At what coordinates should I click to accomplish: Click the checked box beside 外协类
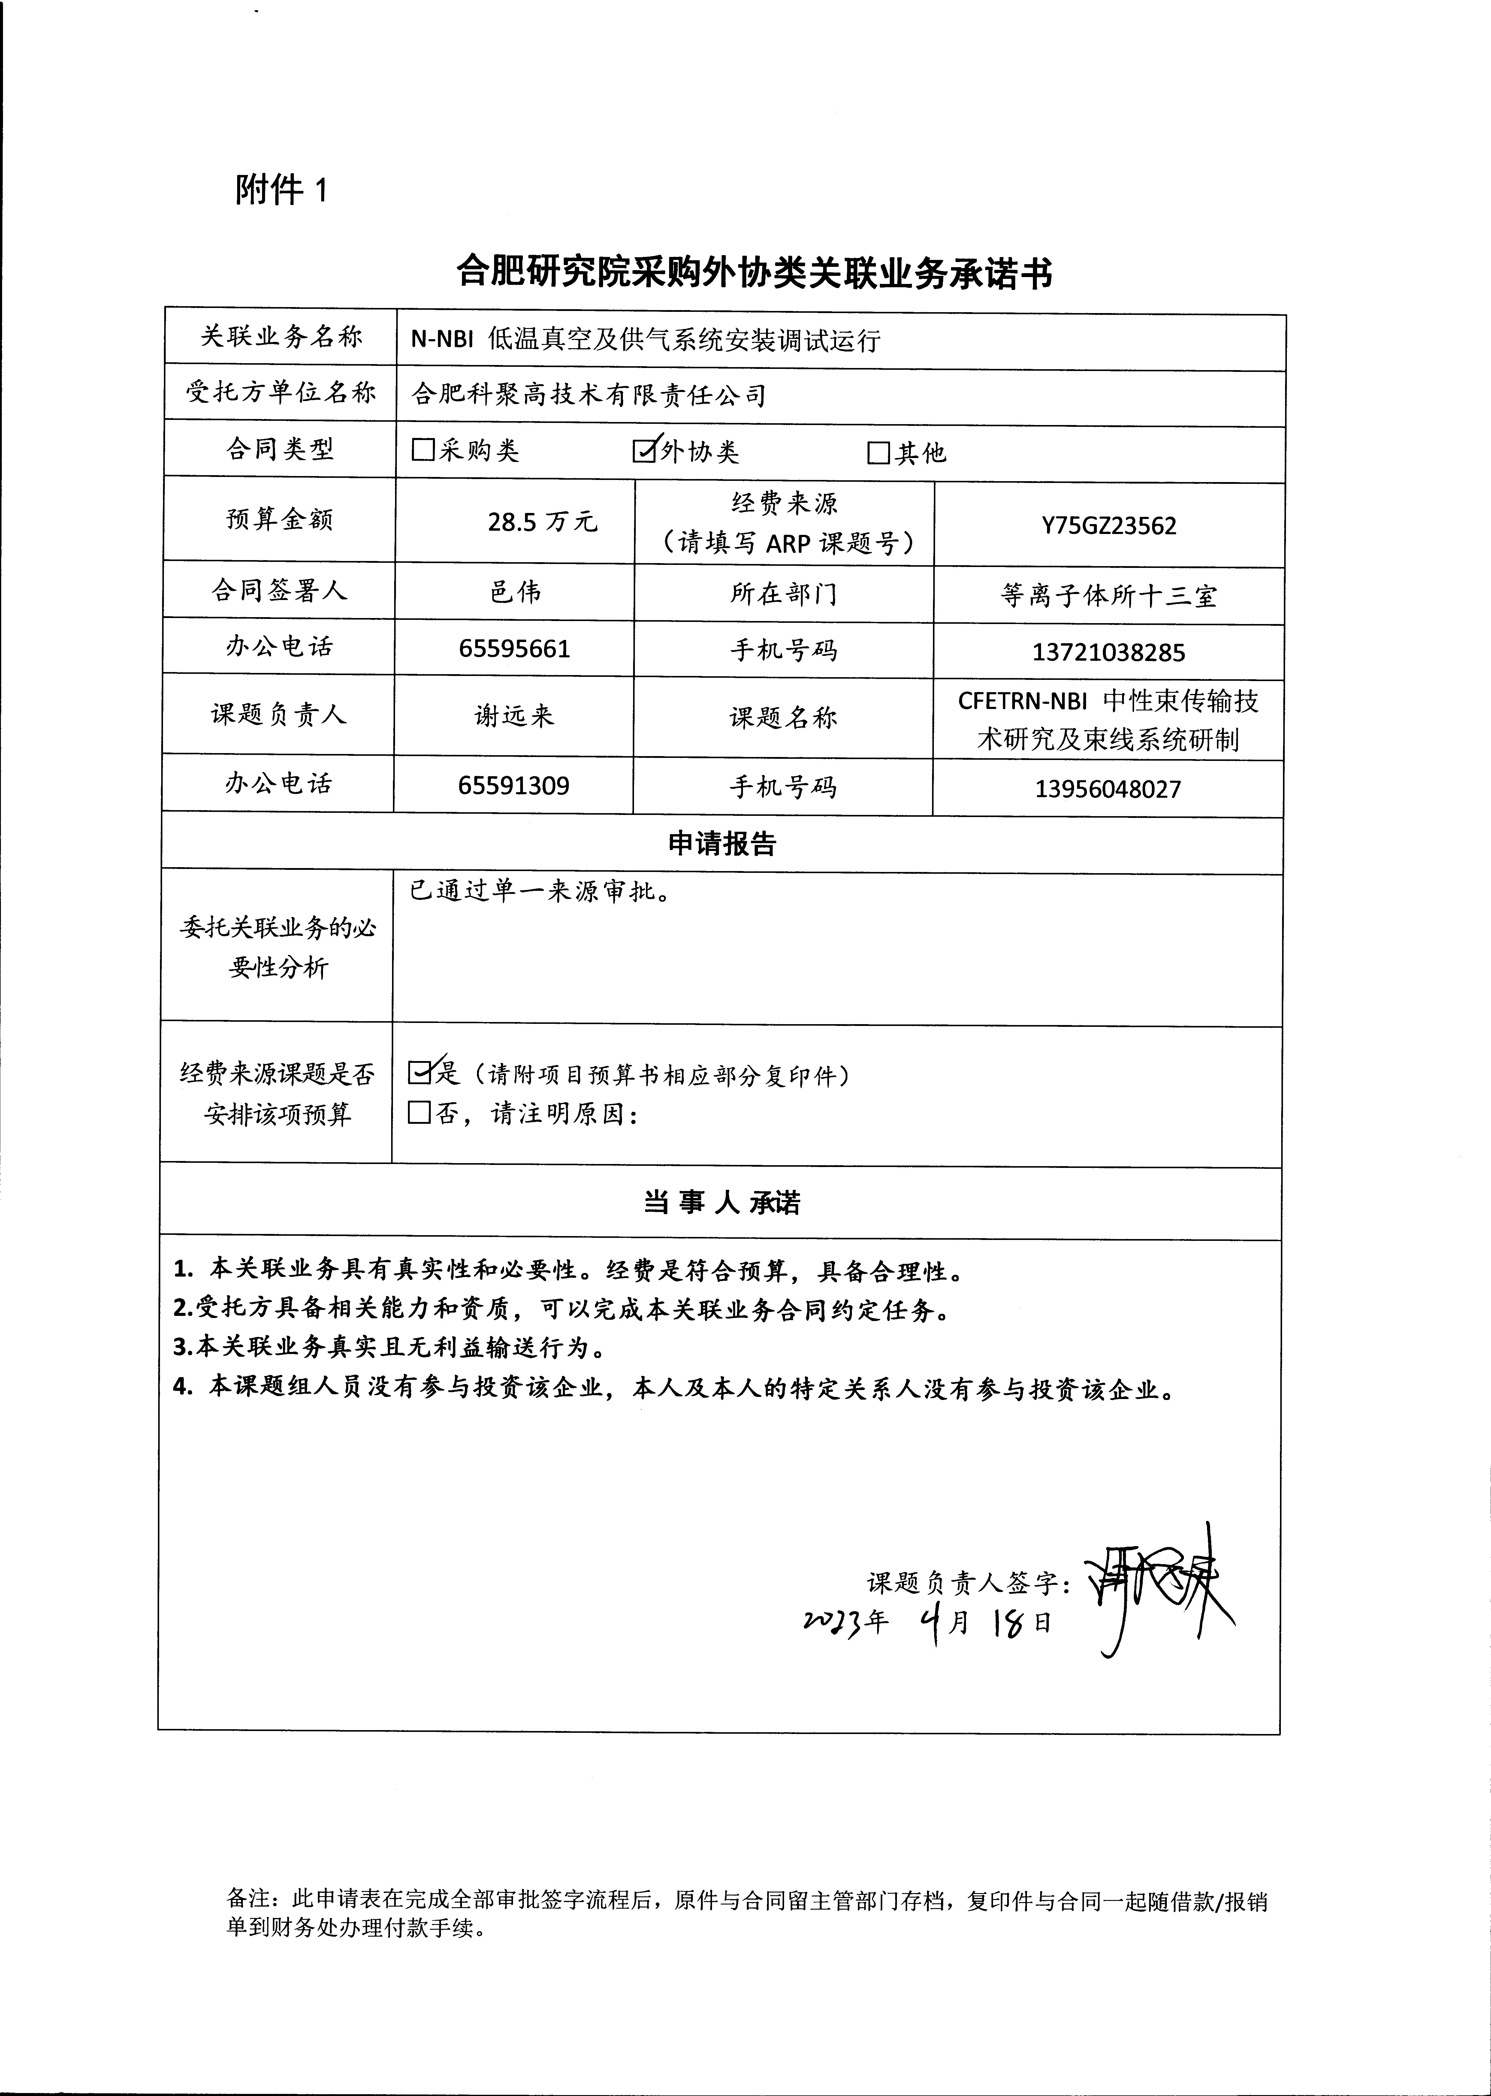644,450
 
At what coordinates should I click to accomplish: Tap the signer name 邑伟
515,591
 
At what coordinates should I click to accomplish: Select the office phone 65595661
514,649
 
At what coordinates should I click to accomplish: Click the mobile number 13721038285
1108,653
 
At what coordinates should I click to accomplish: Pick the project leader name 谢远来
514,715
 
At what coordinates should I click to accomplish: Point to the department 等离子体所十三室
1108,597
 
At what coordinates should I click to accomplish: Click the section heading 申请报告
722,844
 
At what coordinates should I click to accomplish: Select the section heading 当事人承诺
722,1203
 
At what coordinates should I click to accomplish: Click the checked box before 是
420,1071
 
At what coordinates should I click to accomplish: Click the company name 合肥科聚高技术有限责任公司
587,396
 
